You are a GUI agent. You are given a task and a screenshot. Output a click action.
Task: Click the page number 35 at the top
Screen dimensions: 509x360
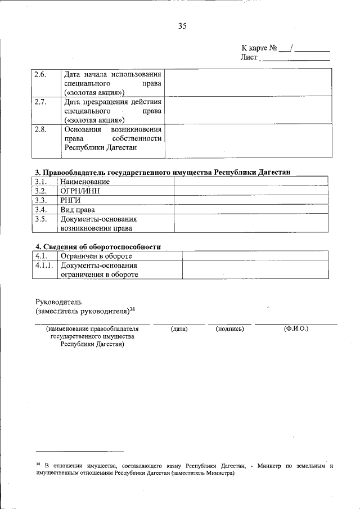pyautogui.click(x=182, y=26)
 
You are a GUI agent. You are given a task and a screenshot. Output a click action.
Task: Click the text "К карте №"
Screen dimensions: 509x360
pyautogui.click(x=259, y=48)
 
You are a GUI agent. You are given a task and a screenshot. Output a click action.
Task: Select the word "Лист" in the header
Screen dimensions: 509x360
pyautogui.click(x=249, y=57)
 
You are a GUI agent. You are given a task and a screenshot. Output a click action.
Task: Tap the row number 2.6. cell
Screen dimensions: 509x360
pyautogui.click(x=40, y=74)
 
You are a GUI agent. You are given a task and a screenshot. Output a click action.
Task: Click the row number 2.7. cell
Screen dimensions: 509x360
pyautogui.click(x=40, y=102)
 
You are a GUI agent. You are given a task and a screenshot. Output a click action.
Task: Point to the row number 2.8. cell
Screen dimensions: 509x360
pyautogui.click(x=40, y=129)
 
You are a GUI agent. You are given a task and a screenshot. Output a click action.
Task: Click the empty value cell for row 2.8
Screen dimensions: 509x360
pyautogui.click(x=248, y=141)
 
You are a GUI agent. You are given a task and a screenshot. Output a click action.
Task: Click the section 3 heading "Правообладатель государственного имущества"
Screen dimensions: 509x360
pyautogui.click(x=163, y=172)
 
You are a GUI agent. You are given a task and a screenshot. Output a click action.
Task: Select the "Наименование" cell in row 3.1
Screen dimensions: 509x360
pyautogui.click(x=85, y=182)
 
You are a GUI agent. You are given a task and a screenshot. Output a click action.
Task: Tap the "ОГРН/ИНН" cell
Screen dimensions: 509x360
pyautogui.click(x=82, y=191)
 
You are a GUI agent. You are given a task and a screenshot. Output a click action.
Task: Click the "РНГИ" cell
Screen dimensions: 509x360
pyautogui.click(x=72, y=200)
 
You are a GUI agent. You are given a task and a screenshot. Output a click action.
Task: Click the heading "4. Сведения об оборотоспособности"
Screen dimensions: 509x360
pyautogui.click(x=98, y=246)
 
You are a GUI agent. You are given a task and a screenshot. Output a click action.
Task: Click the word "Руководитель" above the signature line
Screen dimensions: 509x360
pyautogui.click(x=59, y=301)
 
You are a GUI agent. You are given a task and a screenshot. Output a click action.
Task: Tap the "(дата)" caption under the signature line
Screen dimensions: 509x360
pyautogui.click(x=179, y=328)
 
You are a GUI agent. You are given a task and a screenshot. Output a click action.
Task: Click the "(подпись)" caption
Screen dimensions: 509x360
pyautogui.click(x=229, y=328)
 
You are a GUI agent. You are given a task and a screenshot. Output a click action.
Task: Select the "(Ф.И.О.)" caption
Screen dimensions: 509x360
pyautogui.click(x=296, y=328)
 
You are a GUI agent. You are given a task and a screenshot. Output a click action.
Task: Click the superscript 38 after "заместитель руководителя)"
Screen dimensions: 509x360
pyautogui.click(x=132, y=308)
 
